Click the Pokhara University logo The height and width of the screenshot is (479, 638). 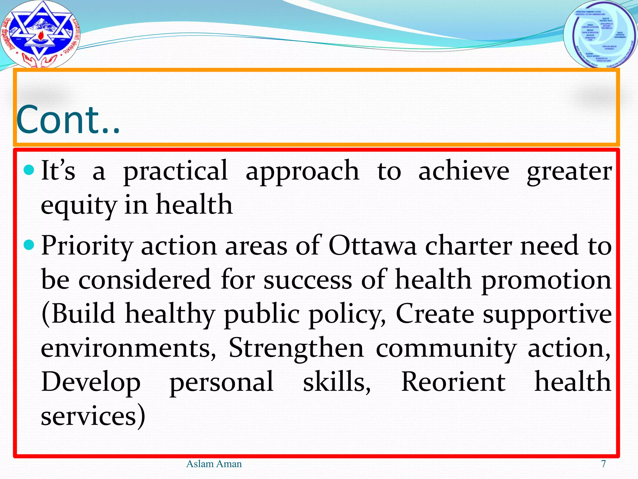pyautogui.click(x=40, y=34)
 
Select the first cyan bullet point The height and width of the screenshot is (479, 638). pyautogui.click(x=29, y=170)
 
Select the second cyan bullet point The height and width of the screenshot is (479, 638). pyautogui.click(x=29, y=245)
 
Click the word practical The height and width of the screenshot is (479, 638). pyautogui.click(x=175, y=172)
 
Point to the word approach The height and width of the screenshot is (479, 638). pyautogui.click(x=302, y=172)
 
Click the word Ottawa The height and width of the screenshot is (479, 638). pyautogui.click(x=372, y=246)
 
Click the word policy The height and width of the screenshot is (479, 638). pyautogui.click(x=347, y=314)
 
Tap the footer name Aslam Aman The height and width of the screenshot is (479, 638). pyautogui.click(x=214, y=464)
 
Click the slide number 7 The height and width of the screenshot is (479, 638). pyautogui.click(x=603, y=464)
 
